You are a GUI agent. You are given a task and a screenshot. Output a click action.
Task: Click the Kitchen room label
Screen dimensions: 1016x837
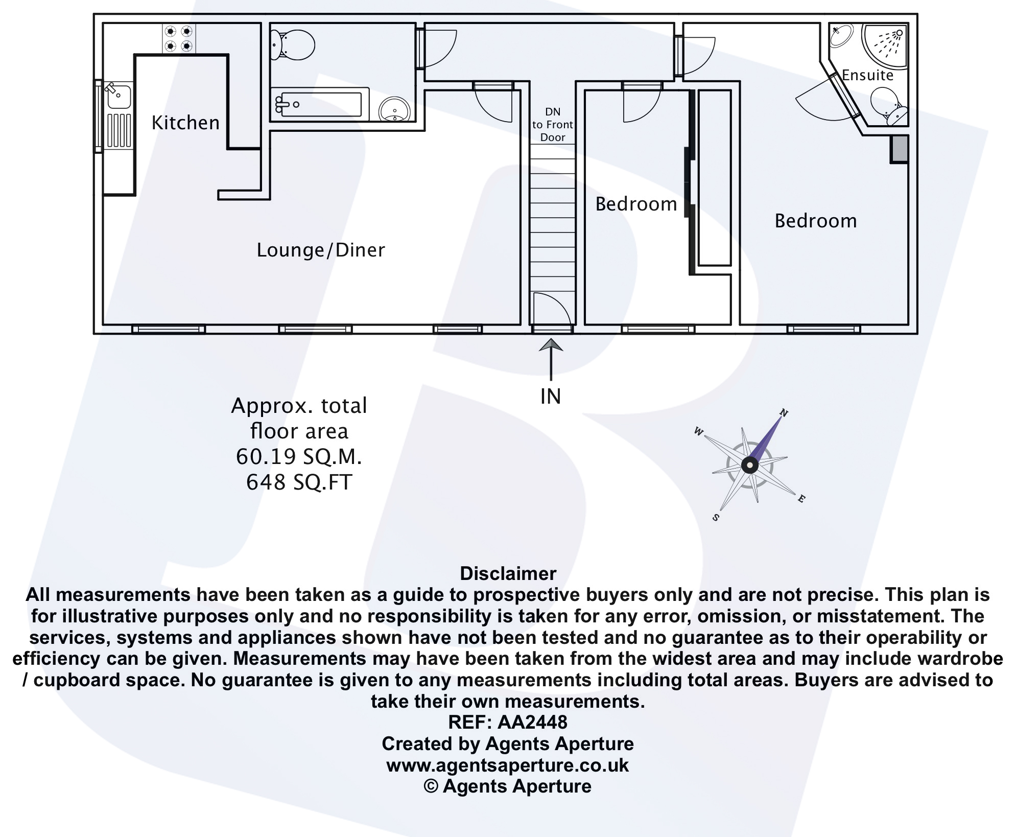(185, 123)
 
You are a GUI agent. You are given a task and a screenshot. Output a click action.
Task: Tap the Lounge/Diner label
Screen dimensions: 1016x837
(320, 250)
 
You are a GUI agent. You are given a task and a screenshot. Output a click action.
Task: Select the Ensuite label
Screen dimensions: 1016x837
(867, 76)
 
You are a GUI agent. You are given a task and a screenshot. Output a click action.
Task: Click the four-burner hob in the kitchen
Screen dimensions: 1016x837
(179, 39)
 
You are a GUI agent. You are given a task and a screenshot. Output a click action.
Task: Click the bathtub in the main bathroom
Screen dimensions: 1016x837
(320, 105)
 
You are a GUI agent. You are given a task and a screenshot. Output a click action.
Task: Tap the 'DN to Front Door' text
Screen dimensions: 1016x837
(553, 125)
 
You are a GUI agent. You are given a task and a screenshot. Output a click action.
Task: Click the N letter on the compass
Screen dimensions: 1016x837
(784, 412)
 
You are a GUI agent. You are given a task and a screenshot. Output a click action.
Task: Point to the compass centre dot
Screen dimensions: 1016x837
(749, 465)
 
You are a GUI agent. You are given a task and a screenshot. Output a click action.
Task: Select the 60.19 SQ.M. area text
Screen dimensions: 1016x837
(299, 457)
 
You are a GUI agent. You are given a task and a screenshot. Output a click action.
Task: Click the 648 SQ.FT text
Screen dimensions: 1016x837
(299, 482)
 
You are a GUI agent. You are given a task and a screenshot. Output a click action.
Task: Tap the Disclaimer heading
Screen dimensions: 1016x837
(508, 573)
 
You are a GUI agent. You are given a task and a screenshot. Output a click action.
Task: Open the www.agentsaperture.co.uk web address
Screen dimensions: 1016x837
(508, 765)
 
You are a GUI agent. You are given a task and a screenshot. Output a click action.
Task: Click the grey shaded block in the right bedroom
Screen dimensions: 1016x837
(900, 149)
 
